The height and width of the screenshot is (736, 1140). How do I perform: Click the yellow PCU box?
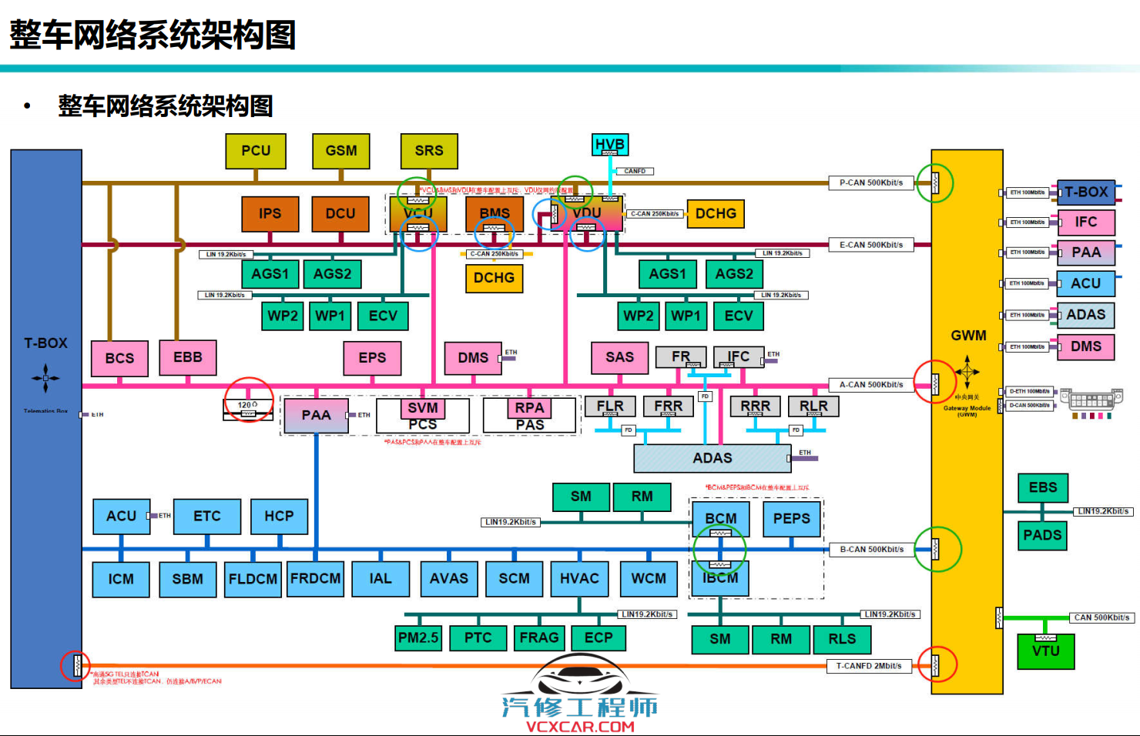click(x=256, y=151)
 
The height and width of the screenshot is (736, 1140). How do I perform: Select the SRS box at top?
click(x=429, y=151)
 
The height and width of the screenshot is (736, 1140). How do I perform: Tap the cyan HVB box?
click(x=610, y=144)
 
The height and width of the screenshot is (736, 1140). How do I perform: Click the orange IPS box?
click(x=270, y=213)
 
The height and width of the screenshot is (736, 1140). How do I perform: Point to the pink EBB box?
click(x=188, y=358)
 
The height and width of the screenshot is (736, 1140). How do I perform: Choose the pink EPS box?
click(x=372, y=358)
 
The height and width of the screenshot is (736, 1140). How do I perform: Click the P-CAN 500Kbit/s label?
click(x=871, y=182)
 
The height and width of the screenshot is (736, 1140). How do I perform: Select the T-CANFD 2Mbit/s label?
click(x=869, y=666)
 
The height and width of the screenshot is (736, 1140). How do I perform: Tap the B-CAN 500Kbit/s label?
click(x=871, y=549)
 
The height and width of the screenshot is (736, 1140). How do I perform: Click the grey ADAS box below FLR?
click(x=712, y=458)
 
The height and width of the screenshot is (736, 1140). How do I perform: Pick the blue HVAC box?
click(x=579, y=579)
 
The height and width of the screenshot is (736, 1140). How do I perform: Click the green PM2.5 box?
click(x=418, y=638)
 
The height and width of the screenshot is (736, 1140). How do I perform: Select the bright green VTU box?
click(x=1045, y=651)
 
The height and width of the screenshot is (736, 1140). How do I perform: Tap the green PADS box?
click(x=1042, y=535)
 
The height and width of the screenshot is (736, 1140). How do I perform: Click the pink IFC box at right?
click(x=1086, y=222)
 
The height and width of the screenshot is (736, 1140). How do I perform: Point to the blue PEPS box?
click(x=792, y=519)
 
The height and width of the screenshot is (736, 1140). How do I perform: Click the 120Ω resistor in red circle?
click(x=248, y=410)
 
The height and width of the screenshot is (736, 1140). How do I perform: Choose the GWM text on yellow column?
click(x=968, y=336)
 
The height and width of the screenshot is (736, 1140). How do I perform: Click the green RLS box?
click(x=842, y=639)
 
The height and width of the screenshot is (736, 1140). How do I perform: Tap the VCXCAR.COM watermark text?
click(x=580, y=726)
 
